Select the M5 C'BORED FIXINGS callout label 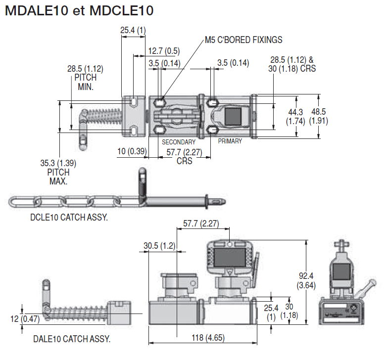243,40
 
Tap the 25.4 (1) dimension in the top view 133,31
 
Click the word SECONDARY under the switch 179,142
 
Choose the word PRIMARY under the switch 230,141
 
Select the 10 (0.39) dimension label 131,151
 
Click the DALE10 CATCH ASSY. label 72,339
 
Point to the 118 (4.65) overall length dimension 203,338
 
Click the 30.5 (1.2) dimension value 158,246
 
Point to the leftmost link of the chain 21,202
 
